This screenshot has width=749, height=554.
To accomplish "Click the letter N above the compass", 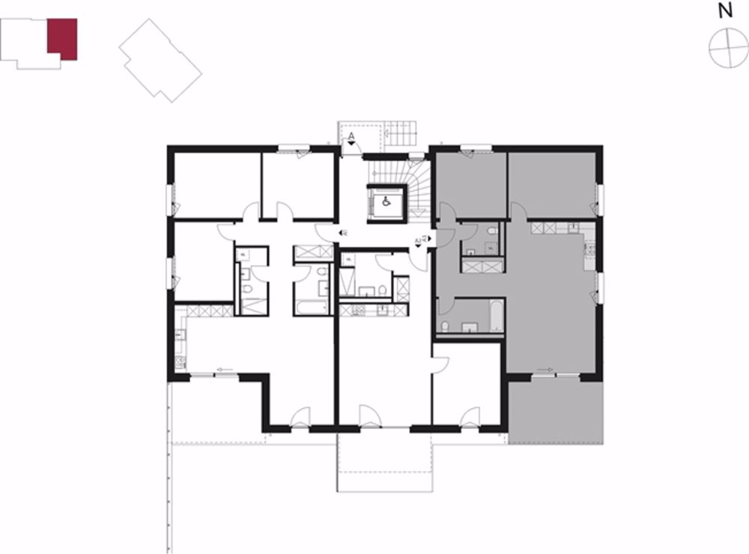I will pos(724,10).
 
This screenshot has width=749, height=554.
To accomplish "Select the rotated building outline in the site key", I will pos(160,59).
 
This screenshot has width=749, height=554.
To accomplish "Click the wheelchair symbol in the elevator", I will pos(386,201).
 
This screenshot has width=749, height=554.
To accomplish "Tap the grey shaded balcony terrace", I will pos(555,412).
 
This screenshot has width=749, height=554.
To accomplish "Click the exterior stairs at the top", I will pos(402,136).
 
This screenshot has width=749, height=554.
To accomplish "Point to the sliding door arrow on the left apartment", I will pos(222,369).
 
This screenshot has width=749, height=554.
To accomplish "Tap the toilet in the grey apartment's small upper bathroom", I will pos(491,234).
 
